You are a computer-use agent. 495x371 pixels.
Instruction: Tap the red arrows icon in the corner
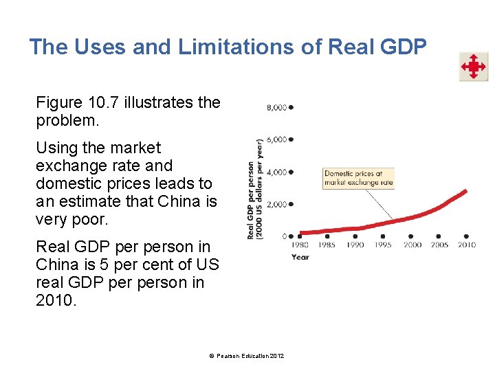[x=474, y=67]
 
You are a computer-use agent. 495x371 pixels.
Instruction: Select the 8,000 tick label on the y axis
[x=276, y=108]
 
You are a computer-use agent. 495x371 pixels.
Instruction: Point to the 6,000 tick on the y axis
[x=276, y=140]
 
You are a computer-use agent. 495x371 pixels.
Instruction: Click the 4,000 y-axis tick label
[x=276, y=172]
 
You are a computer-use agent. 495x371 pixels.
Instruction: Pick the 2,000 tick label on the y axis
[x=276, y=205]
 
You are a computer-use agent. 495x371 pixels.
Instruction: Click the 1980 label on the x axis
[x=300, y=245]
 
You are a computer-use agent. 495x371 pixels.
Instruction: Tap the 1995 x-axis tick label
[x=384, y=245]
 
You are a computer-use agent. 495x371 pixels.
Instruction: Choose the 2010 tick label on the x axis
[x=467, y=245]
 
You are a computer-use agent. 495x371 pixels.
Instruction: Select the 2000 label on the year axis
[x=412, y=245]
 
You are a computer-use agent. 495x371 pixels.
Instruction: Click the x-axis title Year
[x=300, y=257]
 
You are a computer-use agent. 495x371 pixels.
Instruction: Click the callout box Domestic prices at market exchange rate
[x=359, y=179]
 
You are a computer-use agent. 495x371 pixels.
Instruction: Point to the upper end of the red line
[x=465, y=191]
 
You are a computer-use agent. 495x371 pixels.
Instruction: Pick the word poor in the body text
[x=89, y=220]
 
